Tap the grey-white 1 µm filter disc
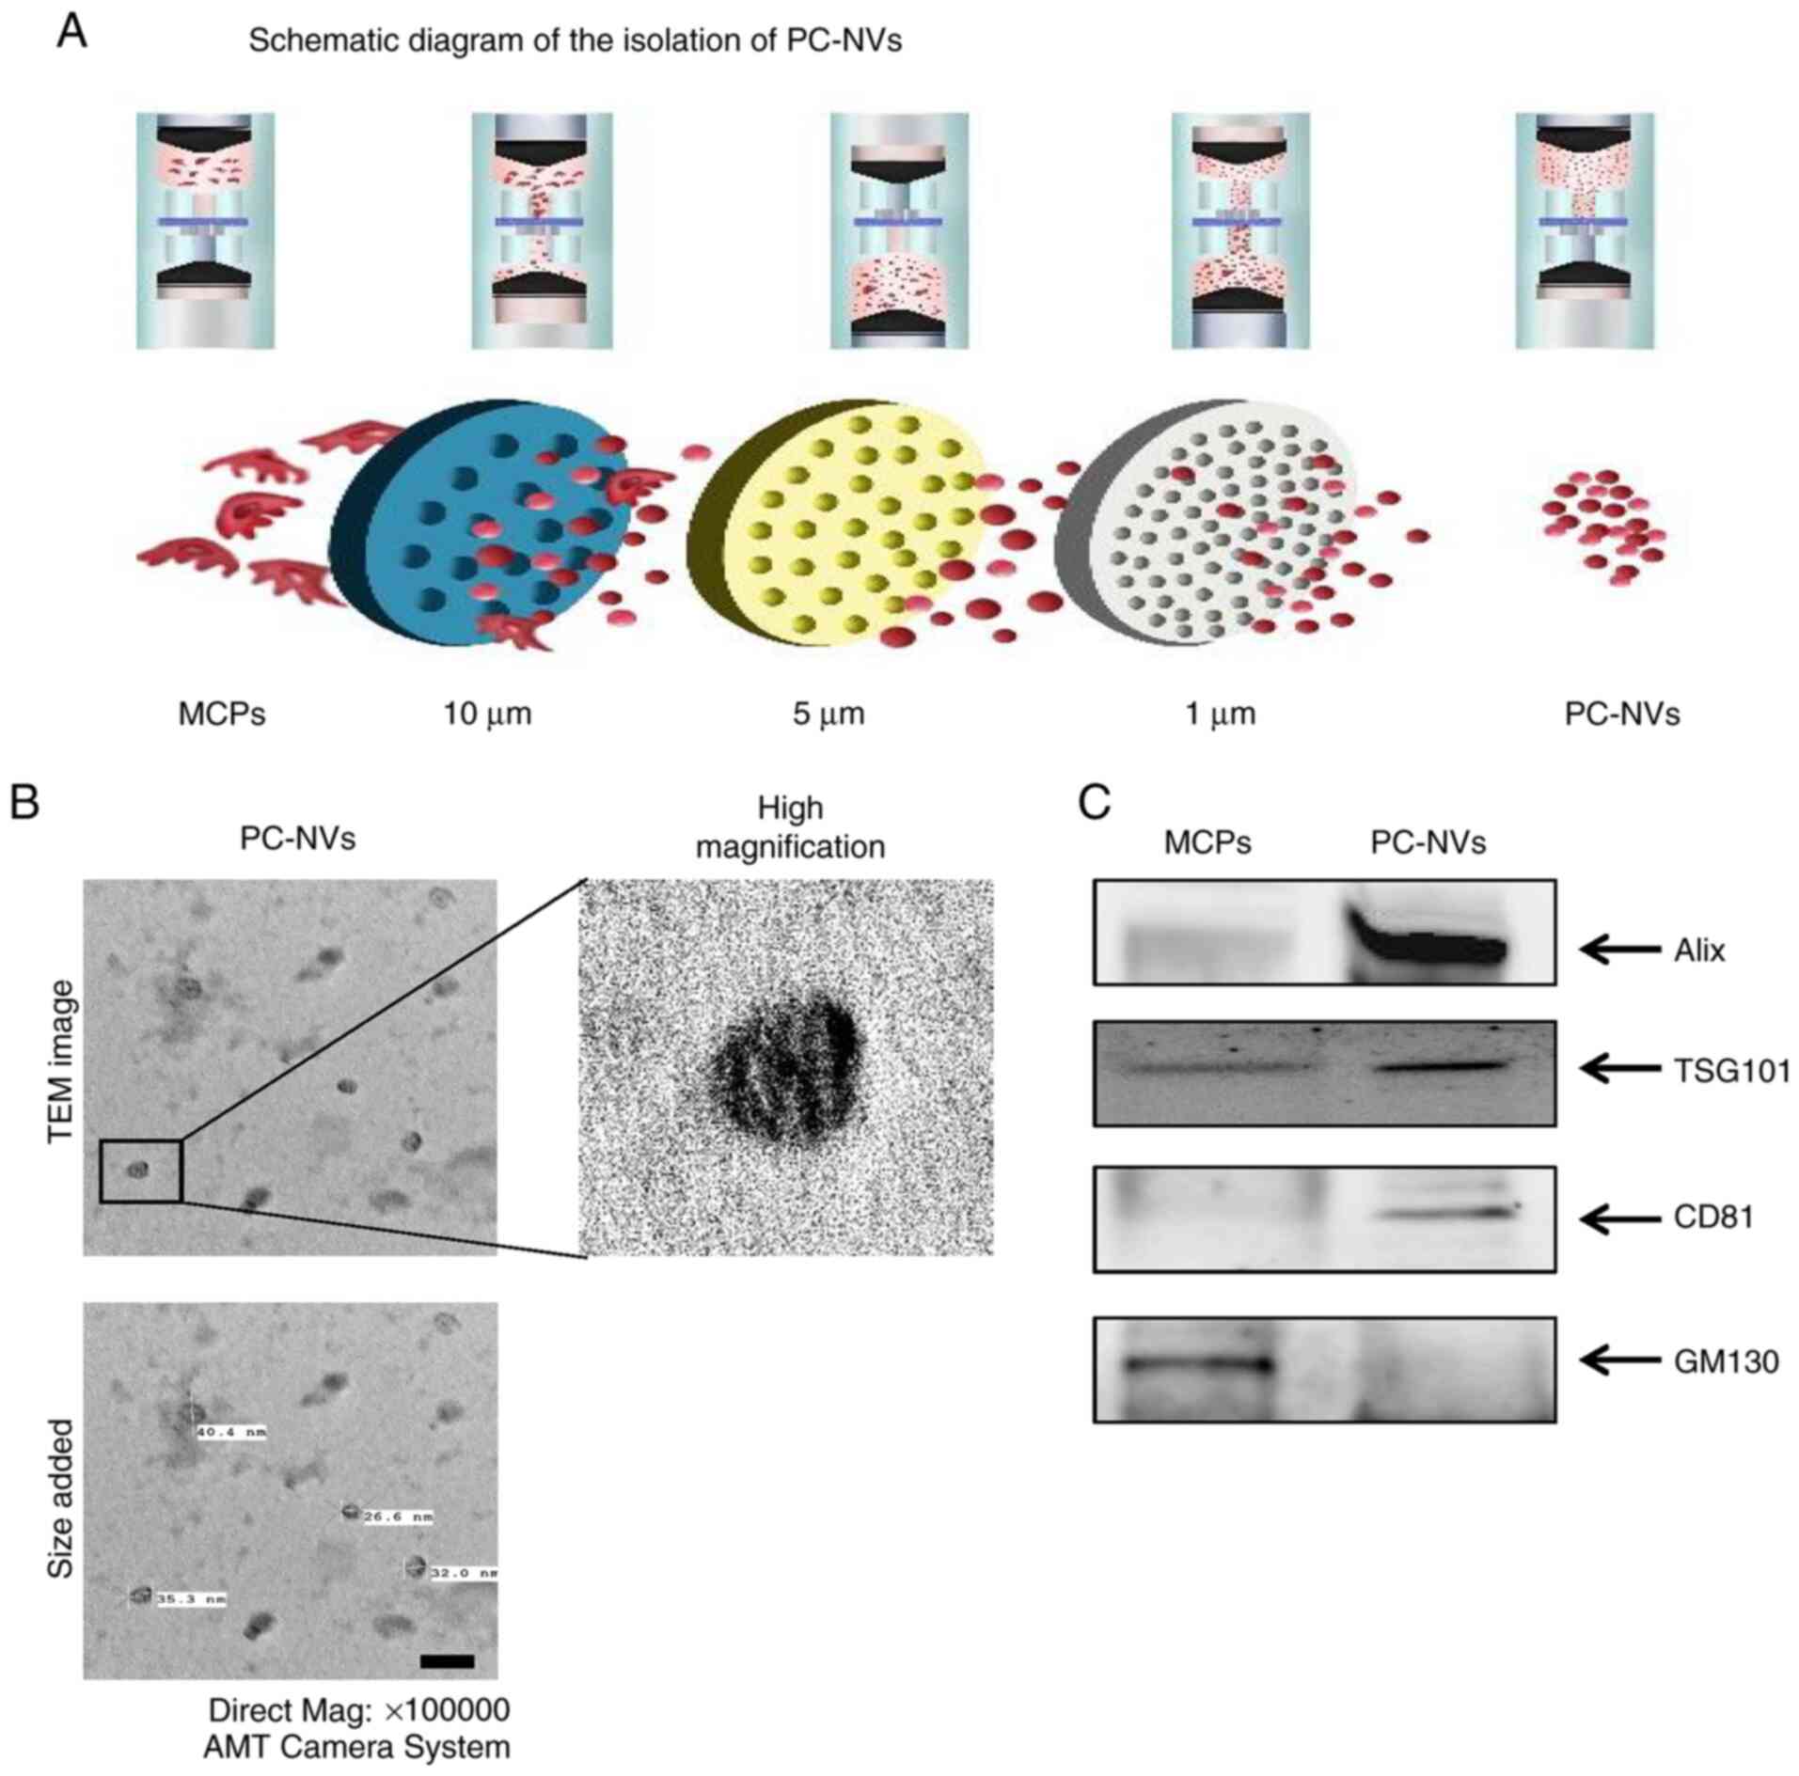(1213, 522)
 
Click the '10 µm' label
(487, 715)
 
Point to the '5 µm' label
(828, 715)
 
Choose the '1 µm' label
(1220, 715)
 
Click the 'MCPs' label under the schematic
(222, 715)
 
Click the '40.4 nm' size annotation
(231, 1433)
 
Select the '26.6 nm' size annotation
(398, 1517)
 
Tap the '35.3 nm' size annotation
(191, 1598)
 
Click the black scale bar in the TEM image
(448, 1661)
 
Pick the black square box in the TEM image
(141, 1171)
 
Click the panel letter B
(24, 805)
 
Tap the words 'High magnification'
(790, 827)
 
